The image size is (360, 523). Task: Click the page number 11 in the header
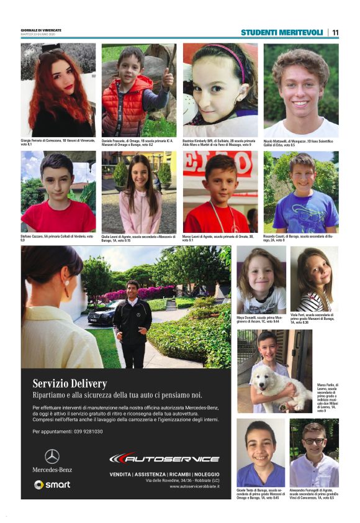(335, 32)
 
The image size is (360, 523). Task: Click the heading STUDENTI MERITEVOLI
(282, 32)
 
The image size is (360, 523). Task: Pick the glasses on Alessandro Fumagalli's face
(314, 441)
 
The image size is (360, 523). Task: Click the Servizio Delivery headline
(70, 383)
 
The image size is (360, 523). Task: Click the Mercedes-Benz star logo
(52, 456)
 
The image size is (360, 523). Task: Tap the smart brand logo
(52, 484)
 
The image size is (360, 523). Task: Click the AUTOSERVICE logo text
(164, 458)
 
